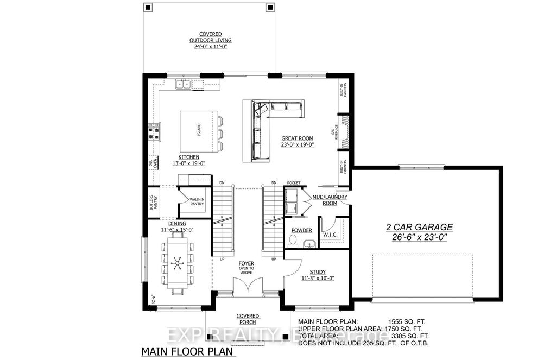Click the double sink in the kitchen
183,84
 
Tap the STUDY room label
318,271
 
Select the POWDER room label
301,230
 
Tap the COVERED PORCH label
248,319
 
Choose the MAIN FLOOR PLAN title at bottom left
187,351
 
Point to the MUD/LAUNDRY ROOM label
330,200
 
